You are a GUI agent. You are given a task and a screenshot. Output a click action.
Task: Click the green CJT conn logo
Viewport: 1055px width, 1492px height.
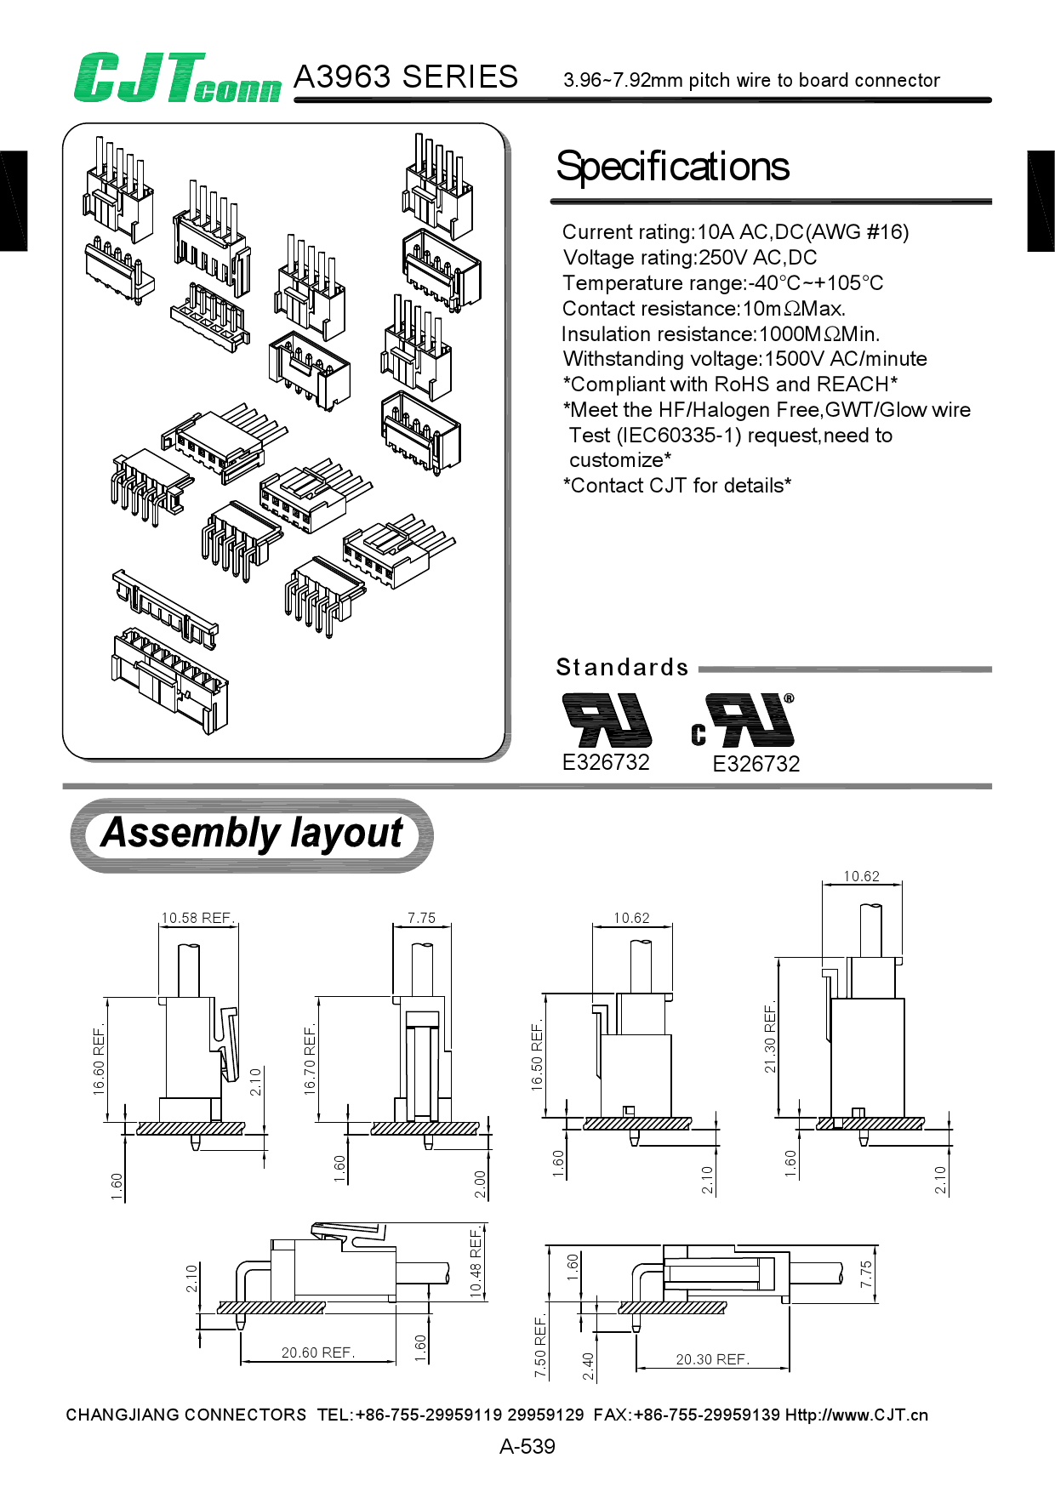tap(177, 78)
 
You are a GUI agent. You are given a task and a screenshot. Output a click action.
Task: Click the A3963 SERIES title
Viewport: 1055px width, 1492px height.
tap(405, 77)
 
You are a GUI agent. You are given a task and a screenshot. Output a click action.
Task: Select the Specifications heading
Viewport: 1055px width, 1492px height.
tap(672, 167)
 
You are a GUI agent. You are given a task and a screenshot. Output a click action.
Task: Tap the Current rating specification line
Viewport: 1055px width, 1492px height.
tap(735, 232)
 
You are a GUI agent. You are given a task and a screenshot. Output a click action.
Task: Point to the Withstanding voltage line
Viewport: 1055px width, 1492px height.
tap(744, 359)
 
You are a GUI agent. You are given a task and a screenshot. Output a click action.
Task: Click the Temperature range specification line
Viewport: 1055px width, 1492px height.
tap(722, 283)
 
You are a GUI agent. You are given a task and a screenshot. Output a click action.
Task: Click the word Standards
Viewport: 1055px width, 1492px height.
tap(622, 668)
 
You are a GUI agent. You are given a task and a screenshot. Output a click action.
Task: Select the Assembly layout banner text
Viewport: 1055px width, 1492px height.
tap(252, 833)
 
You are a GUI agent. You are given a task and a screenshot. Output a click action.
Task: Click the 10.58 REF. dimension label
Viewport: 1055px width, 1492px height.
tap(197, 918)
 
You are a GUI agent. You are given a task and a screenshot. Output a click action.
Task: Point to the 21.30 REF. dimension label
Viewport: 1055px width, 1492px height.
tap(770, 1037)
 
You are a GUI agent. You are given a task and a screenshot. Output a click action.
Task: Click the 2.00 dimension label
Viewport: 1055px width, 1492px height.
tap(480, 1184)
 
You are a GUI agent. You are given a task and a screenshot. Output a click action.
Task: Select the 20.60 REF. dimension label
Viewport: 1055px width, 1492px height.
tap(318, 1352)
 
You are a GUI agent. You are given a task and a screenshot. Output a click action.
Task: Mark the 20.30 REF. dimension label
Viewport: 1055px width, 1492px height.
tap(712, 1359)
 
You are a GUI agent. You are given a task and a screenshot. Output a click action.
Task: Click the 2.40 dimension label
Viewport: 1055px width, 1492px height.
tap(589, 1366)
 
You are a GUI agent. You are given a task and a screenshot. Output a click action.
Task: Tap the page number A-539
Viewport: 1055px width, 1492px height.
tap(527, 1446)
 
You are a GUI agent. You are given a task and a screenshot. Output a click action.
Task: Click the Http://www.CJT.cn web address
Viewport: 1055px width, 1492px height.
tap(856, 1415)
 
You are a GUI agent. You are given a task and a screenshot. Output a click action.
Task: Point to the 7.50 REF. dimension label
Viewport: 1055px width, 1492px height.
tap(540, 1347)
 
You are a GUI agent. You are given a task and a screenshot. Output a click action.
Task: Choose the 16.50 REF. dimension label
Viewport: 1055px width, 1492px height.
tap(537, 1057)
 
